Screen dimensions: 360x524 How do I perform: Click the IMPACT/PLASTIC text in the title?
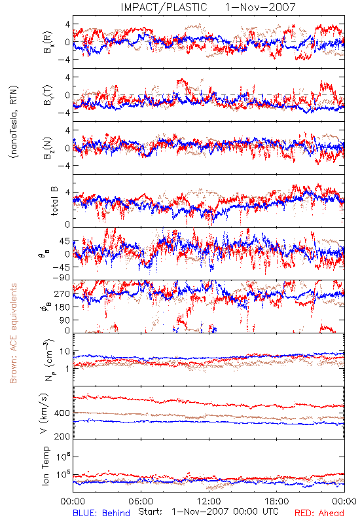coord(164,7)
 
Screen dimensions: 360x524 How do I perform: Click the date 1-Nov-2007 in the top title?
coord(260,7)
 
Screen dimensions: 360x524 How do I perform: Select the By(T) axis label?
coord(48,95)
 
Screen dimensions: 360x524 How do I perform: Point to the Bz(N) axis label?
coord(48,148)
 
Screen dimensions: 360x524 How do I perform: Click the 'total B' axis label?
coord(54,201)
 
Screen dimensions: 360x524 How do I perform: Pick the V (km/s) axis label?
coord(45,413)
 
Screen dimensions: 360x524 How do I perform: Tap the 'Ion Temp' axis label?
coord(45,466)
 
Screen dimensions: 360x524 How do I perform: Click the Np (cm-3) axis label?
coord(48,360)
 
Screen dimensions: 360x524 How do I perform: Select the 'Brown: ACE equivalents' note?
coord(13,333)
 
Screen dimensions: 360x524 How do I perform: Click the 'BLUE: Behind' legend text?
coord(101,513)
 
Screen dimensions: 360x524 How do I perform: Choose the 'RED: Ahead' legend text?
coord(319,513)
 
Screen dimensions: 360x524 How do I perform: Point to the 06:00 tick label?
coord(141,501)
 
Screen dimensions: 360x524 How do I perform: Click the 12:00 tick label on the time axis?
coord(209,501)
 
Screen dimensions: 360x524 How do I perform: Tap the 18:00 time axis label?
coord(277,501)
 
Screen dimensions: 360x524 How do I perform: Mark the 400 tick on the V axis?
coord(62,413)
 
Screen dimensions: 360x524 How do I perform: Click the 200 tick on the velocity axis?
coord(62,436)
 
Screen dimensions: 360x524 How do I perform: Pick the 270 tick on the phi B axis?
coord(62,294)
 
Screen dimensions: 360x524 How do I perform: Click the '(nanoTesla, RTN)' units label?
coord(14,122)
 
